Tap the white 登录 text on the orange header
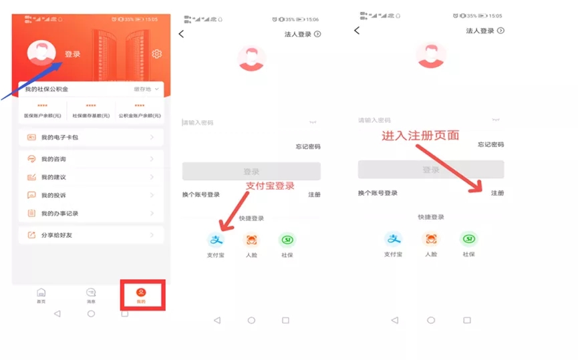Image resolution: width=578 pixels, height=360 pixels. coord(72,54)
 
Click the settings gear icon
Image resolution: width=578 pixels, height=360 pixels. coord(157,54)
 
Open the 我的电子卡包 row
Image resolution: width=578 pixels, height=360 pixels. coord(91,138)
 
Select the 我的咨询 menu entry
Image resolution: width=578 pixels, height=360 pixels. coord(91,159)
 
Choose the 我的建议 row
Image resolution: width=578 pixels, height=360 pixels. coord(91,177)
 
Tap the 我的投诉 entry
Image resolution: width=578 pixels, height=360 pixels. coord(91,195)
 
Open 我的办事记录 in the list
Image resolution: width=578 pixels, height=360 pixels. coord(91,213)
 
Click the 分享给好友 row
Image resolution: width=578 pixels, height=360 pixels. coord(91,235)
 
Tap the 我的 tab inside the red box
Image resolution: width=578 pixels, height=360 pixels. coord(141,295)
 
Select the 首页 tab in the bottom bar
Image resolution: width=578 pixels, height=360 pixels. coord(41,295)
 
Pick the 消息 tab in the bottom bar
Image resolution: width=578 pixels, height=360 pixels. coord(91,295)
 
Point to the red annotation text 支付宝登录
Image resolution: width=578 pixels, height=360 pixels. coord(270,186)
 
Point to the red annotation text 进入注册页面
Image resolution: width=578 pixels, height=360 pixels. coord(420,135)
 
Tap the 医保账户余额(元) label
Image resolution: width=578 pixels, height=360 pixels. coord(41,116)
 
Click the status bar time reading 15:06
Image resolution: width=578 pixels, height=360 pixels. coord(312,19)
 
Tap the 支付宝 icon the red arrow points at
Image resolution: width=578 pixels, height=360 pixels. coord(215,240)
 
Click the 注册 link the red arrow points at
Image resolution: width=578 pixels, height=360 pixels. coord(497,193)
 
